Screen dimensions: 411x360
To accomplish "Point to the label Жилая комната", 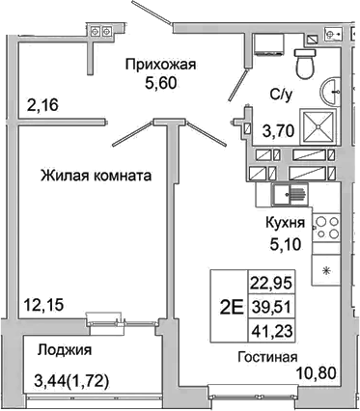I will (x=96, y=177).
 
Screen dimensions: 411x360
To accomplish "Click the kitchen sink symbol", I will (x=288, y=199).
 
